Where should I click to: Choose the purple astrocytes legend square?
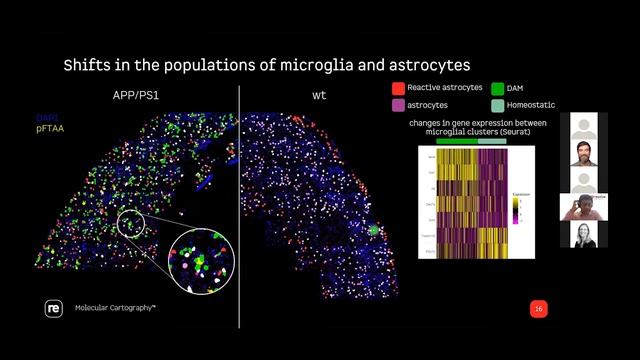click(x=398, y=105)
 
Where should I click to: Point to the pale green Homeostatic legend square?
click(x=498, y=105)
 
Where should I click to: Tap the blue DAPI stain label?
click(x=46, y=118)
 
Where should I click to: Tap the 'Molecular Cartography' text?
click(x=115, y=309)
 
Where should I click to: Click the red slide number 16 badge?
click(x=538, y=309)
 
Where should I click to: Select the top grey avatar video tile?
click(x=584, y=126)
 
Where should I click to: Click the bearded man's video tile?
click(x=584, y=153)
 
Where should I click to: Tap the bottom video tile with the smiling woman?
click(x=584, y=234)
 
